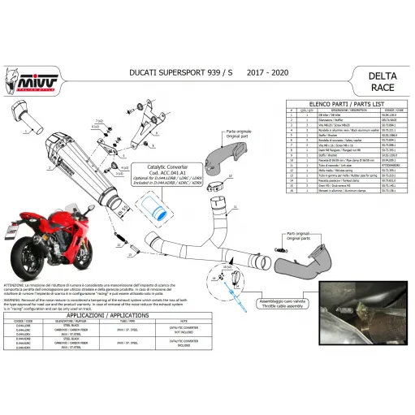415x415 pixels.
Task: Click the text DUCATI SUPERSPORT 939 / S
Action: coord(173,73)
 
